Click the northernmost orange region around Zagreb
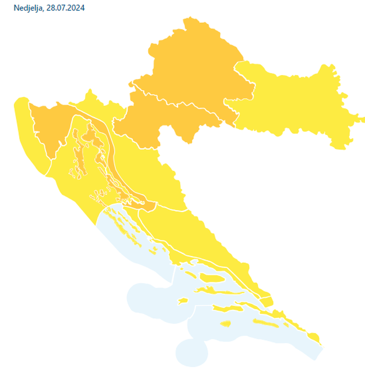tap(193, 66)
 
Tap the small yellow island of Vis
tap(182, 301)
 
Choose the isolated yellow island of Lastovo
tap(226, 324)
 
